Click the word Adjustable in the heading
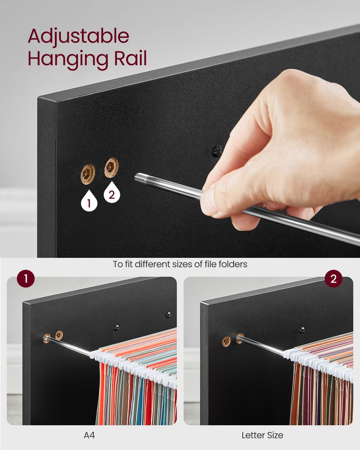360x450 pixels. click(x=78, y=36)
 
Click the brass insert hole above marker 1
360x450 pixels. click(x=88, y=173)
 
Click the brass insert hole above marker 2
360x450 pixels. click(x=111, y=167)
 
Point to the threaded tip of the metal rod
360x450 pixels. click(x=140, y=179)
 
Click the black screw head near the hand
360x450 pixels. click(x=217, y=151)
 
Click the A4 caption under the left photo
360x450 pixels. click(x=89, y=435)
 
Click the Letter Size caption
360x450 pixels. click(x=262, y=435)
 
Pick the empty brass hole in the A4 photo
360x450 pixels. click(x=59, y=335)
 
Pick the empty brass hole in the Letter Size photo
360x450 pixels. click(x=226, y=341)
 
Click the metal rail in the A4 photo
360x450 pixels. click(x=72, y=346)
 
